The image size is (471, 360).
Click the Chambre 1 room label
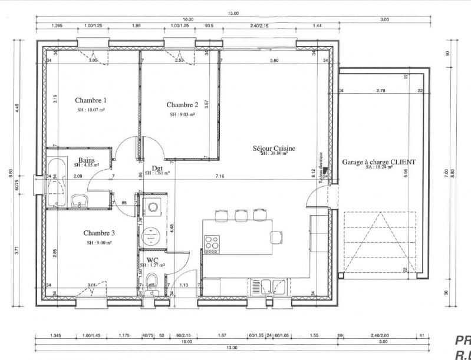click(x=91, y=100)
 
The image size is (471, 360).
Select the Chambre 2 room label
click(x=182, y=104)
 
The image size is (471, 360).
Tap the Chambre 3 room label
click(x=99, y=233)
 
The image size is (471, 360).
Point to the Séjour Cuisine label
click(x=274, y=148)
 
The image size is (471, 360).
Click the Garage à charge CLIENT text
click(x=378, y=161)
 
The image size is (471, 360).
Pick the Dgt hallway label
click(x=157, y=167)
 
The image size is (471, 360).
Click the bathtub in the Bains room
click(x=58, y=175)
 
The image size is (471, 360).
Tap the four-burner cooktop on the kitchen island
click(x=211, y=242)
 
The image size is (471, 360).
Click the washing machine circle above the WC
click(x=153, y=207)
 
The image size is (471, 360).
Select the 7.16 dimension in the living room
click(x=220, y=176)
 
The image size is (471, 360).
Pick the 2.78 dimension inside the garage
click(x=380, y=91)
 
